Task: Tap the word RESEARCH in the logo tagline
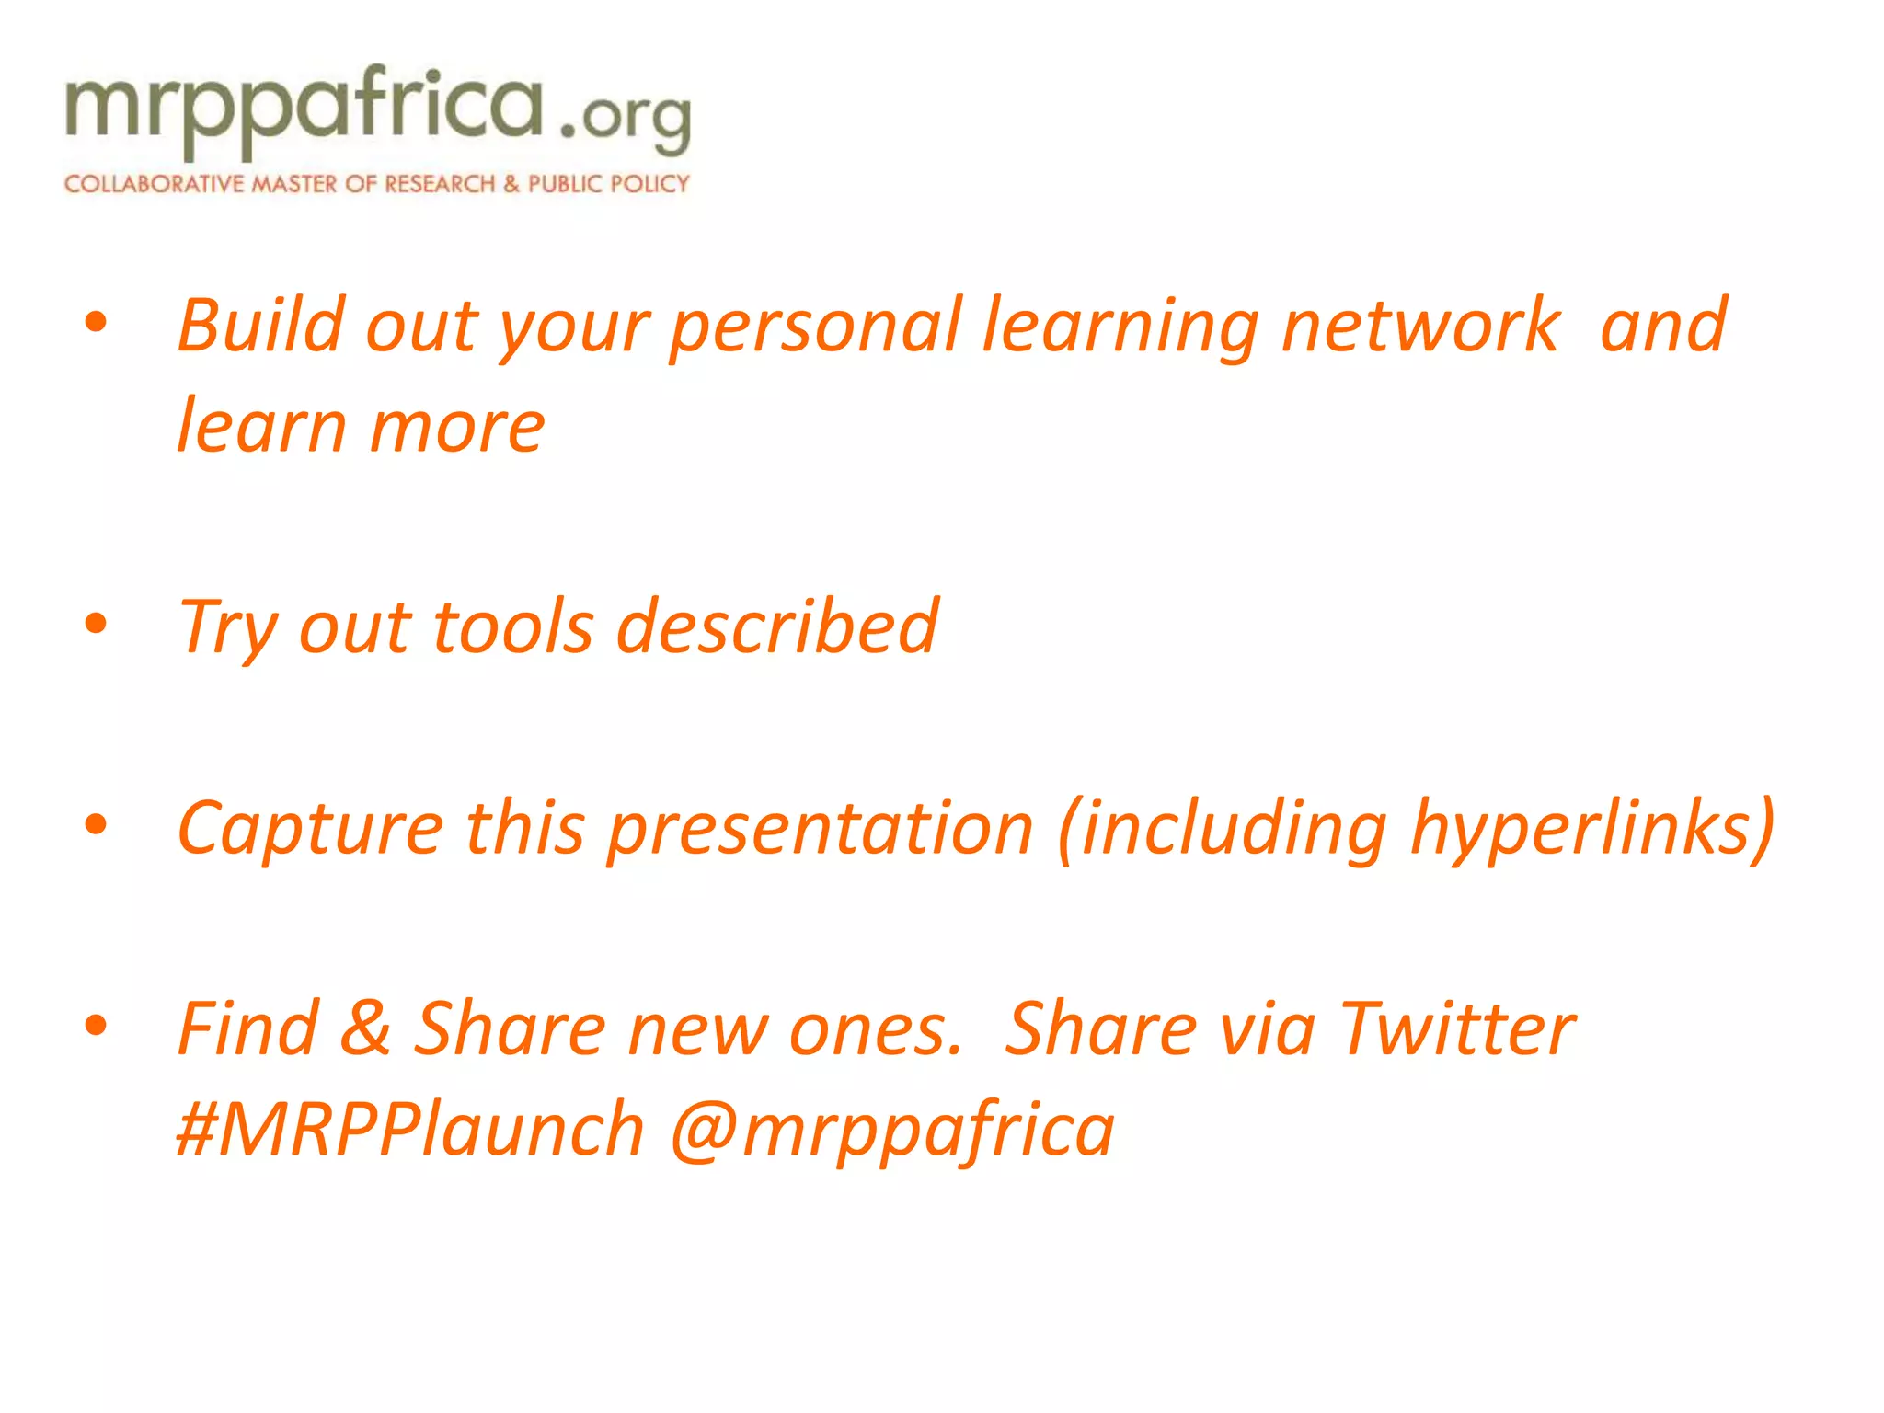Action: pos(440,184)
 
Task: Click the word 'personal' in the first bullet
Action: pos(815,326)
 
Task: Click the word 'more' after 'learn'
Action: pos(457,428)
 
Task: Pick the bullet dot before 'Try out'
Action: pos(96,624)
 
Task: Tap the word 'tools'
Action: pos(512,627)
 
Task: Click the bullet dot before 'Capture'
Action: pos(96,824)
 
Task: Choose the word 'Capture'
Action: pos(310,828)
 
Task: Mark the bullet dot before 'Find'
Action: pos(96,1025)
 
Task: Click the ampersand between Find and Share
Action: pos(365,1028)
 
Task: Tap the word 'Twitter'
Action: pos(1457,1028)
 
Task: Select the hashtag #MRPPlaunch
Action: pos(410,1130)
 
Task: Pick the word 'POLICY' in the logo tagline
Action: pos(650,184)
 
